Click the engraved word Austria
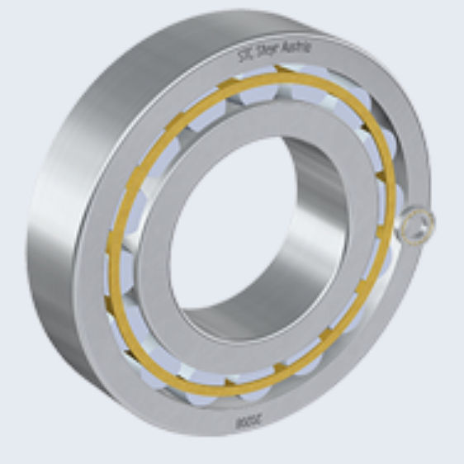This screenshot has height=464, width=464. click(x=295, y=50)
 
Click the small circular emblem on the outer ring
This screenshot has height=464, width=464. click(x=414, y=225)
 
